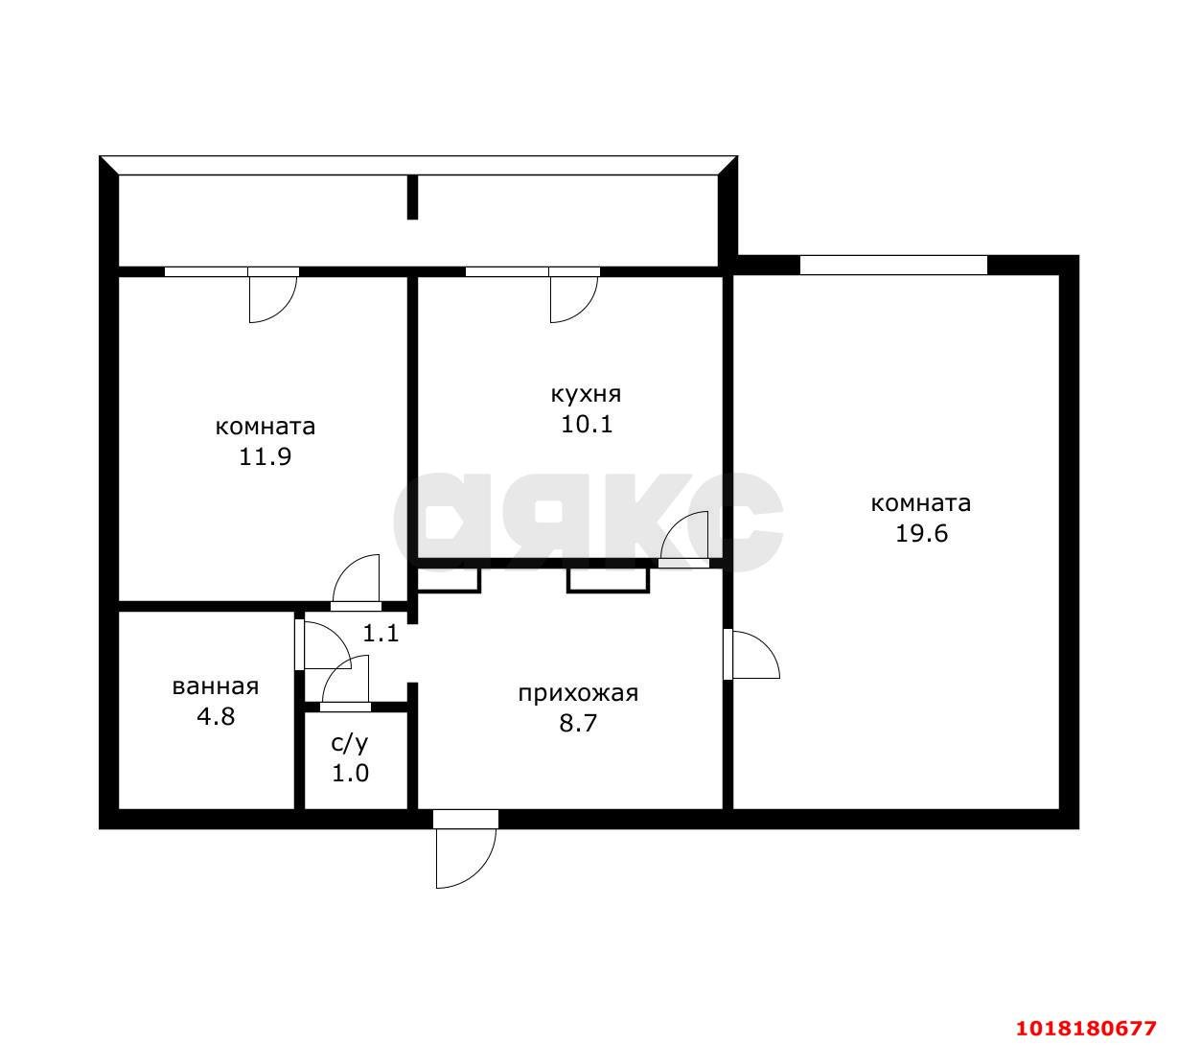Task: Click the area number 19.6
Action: tap(920, 533)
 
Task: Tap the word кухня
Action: tap(586, 394)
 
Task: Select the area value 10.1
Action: tap(586, 424)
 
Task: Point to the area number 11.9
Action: tap(266, 456)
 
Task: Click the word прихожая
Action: tap(578, 693)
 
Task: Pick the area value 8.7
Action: tap(578, 724)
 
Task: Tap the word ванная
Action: tap(215, 686)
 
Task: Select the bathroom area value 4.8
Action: tap(216, 716)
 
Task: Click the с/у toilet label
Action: tap(350, 743)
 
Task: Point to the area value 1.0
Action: tap(350, 774)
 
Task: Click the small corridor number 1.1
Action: tap(381, 633)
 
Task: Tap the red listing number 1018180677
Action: tap(1086, 1028)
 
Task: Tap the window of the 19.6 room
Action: tap(893, 265)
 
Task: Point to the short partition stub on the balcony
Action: tap(412, 197)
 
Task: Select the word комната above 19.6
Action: tap(920, 503)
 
